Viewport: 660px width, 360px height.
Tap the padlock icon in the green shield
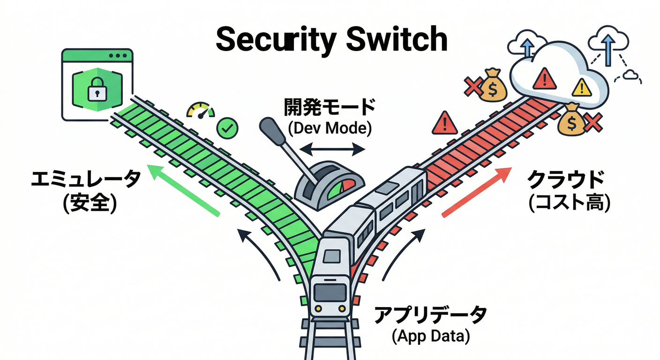point(97,88)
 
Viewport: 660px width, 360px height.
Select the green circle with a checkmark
point(227,127)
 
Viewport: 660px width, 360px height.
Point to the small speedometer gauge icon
point(201,111)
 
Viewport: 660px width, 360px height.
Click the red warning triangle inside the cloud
point(544,78)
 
